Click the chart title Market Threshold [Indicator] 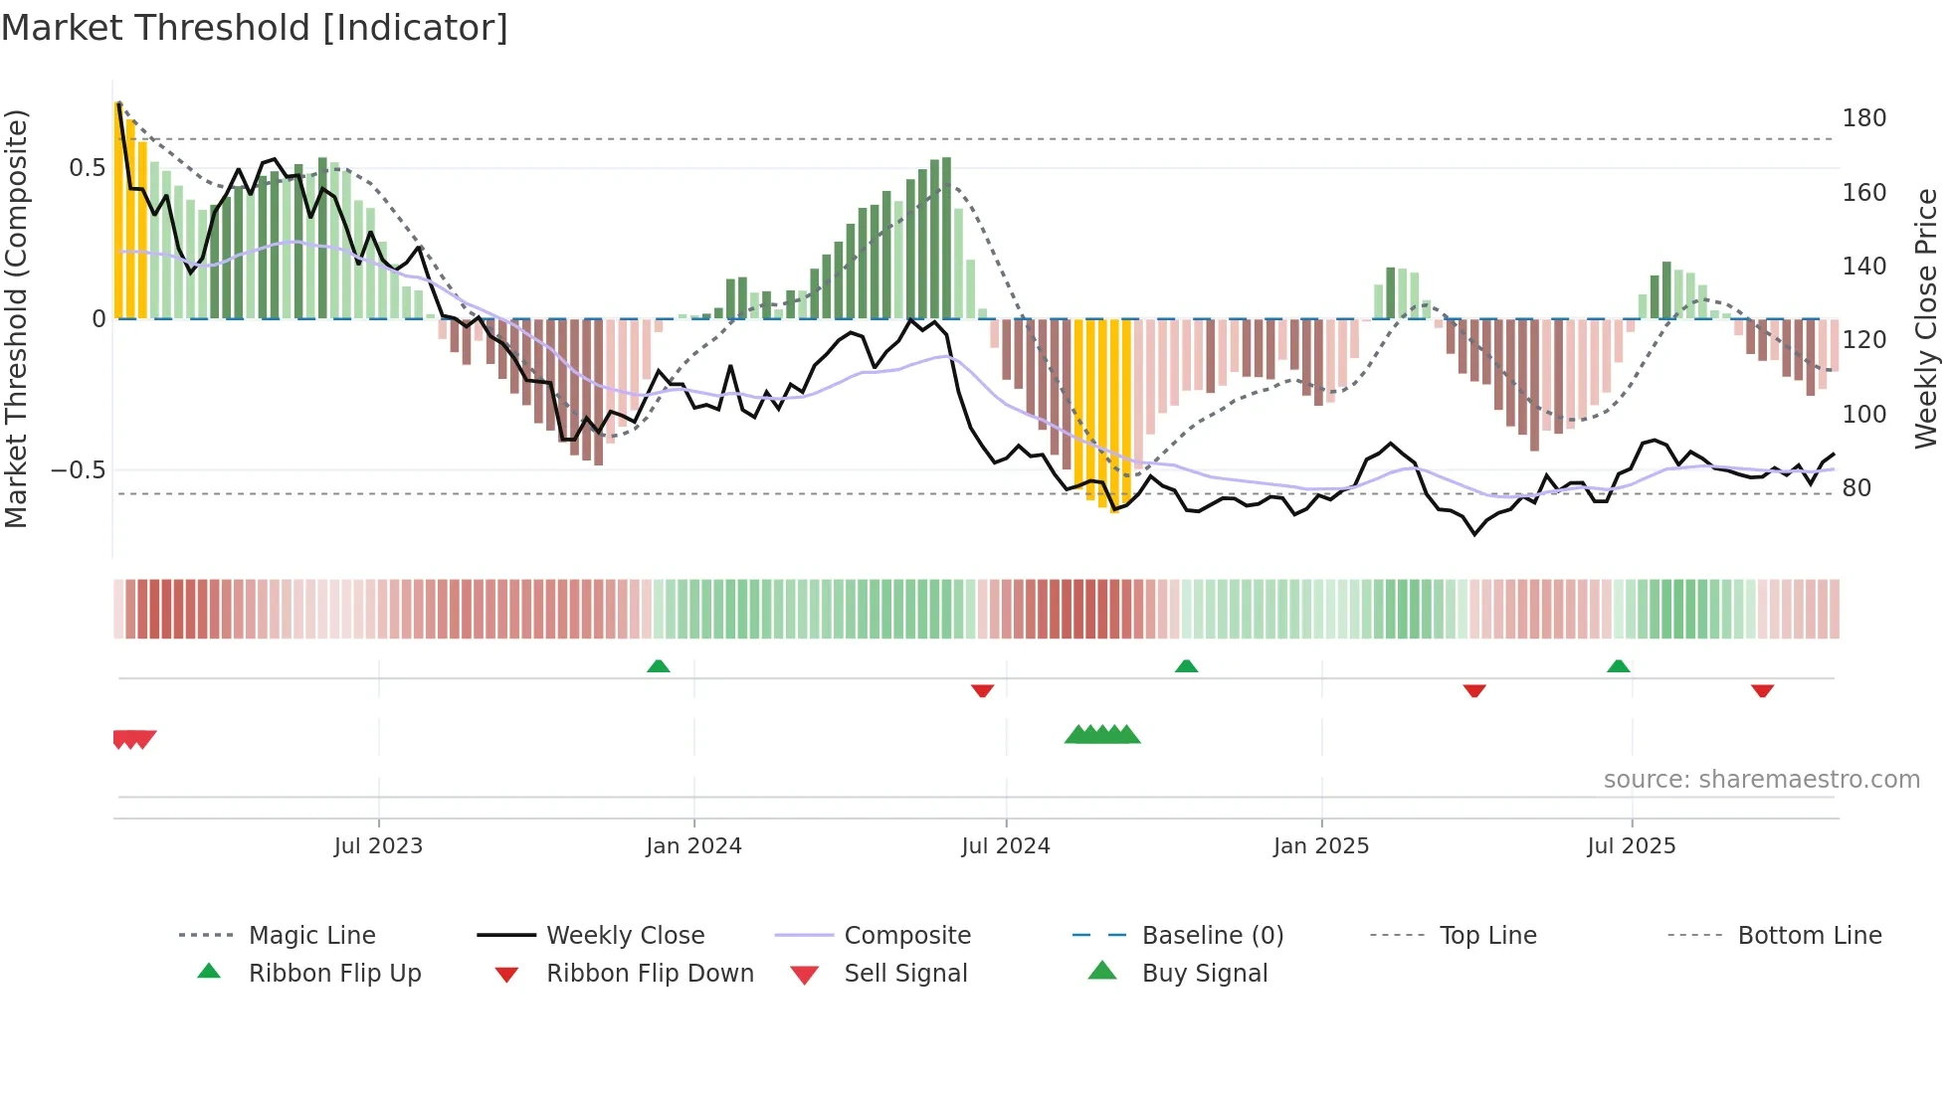click(x=255, y=28)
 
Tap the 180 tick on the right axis click(x=1863, y=118)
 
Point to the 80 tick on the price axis click(x=1855, y=488)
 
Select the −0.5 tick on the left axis click(x=78, y=469)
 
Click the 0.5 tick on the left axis click(x=87, y=167)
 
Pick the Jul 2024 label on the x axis click(x=1005, y=846)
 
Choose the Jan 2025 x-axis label click(x=1320, y=846)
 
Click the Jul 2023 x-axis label click(x=378, y=846)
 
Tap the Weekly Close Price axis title click(x=1926, y=318)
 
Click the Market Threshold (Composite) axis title click(x=16, y=318)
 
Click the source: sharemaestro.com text click(x=1761, y=780)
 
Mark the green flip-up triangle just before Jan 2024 click(x=658, y=666)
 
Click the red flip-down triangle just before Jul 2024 click(x=982, y=690)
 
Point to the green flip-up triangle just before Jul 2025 click(x=1618, y=666)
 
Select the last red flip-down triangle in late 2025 click(x=1762, y=690)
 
